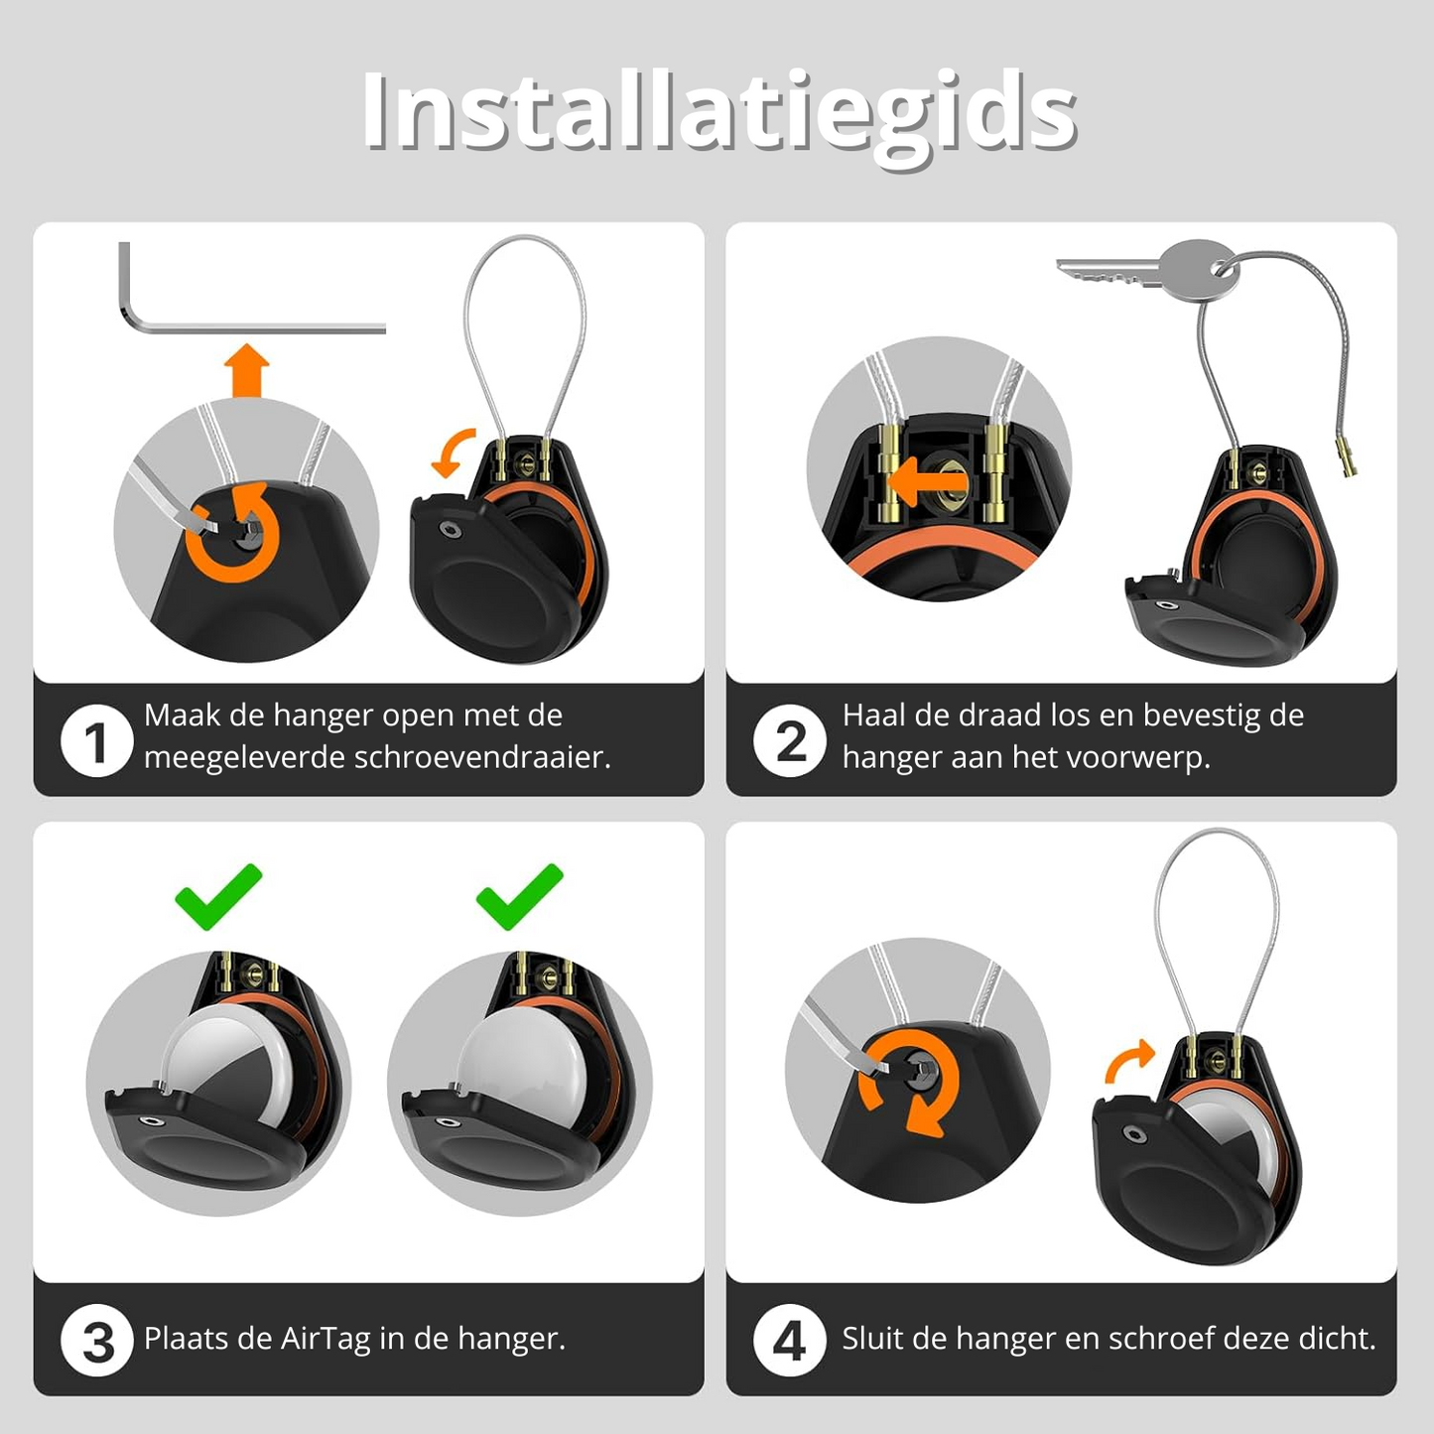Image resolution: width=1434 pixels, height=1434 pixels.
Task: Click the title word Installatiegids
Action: [718, 113]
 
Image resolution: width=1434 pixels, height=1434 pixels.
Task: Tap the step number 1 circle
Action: [96, 741]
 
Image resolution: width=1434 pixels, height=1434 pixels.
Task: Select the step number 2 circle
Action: [790, 741]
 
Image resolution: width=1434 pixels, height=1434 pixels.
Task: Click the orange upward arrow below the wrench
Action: [246, 370]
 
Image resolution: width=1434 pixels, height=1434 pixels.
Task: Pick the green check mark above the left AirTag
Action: [218, 896]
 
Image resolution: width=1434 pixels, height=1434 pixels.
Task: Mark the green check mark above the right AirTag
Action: [519, 896]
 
